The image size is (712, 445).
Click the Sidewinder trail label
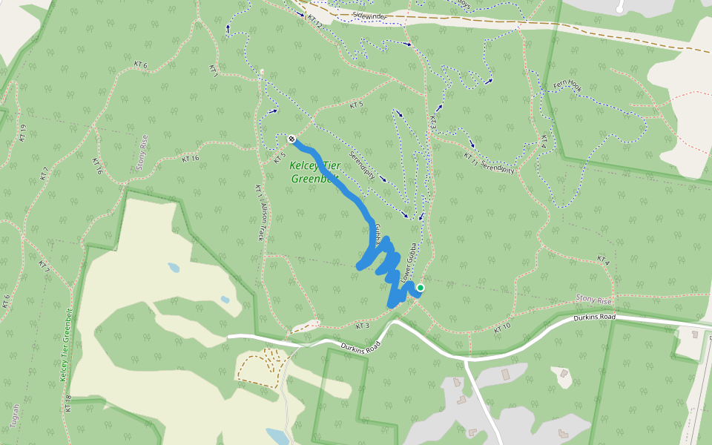click(369, 16)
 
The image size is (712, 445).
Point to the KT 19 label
click(23, 132)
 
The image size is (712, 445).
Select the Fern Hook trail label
click(567, 87)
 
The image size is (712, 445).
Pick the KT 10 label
click(502, 326)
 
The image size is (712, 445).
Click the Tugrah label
click(16, 415)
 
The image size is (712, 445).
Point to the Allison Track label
click(262, 222)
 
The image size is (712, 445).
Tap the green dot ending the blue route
click(421, 288)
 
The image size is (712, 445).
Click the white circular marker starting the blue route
click(291, 139)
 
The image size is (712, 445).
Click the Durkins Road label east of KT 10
click(595, 317)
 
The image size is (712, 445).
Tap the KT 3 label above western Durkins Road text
click(362, 326)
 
